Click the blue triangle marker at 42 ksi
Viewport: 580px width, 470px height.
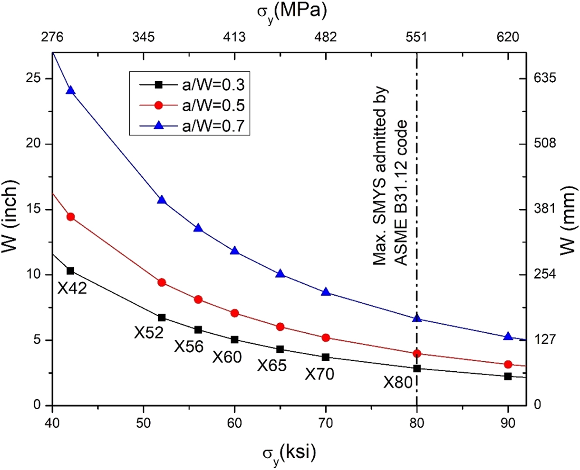click(71, 90)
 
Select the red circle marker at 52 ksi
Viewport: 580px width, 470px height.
click(162, 282)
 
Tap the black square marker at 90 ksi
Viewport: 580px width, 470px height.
click(508, 376)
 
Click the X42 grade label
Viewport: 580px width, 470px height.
click(72, 289)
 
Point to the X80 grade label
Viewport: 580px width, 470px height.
click(398, 383)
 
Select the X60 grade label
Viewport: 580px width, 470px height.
click(227, 357)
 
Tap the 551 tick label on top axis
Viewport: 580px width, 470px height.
click(417, 37)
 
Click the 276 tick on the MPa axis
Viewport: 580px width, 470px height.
click(52, 37)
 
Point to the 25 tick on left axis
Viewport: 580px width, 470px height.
click(34, 79)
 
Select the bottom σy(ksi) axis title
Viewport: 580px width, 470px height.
click(289, 454)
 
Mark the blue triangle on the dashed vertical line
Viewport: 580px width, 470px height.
click(417, 318)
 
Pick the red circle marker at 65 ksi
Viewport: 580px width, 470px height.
click(280, 327)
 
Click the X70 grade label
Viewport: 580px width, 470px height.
click(320, 374)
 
